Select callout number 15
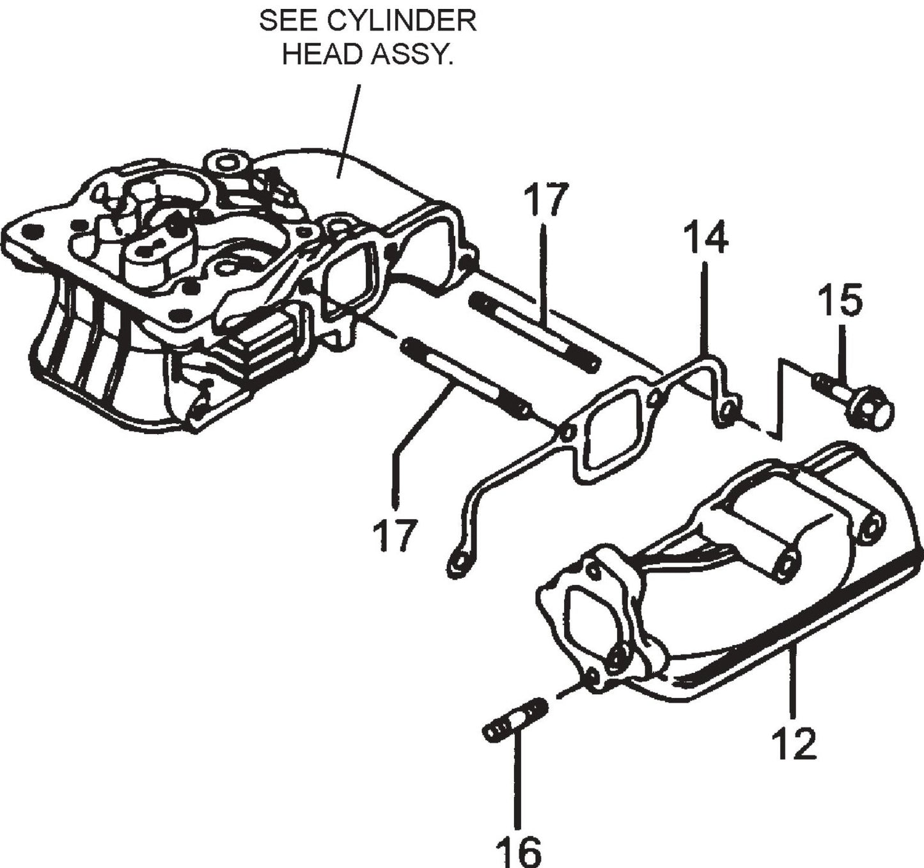(840, 301)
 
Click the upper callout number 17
(546, 200)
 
